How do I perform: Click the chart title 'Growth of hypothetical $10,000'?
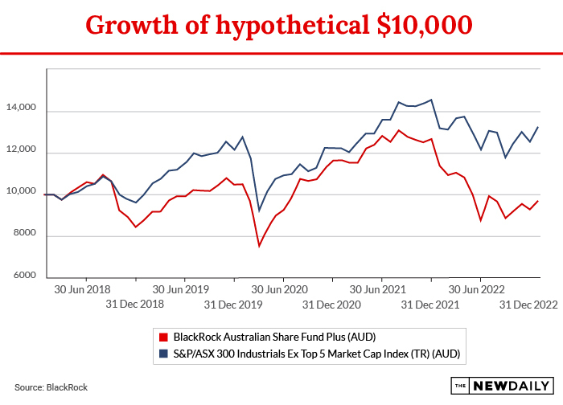(279, 25)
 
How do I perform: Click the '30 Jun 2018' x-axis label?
(82, 288)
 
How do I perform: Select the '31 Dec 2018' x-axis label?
(134, 304)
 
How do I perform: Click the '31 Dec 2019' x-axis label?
(232, 304)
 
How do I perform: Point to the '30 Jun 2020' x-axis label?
(279, 288)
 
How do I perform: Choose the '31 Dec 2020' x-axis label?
(331, 304)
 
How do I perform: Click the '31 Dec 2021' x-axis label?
(430, 304)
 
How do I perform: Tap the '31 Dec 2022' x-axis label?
(528, 304)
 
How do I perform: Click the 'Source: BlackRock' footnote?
(51, 387)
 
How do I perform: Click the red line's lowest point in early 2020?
(259, 246)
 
